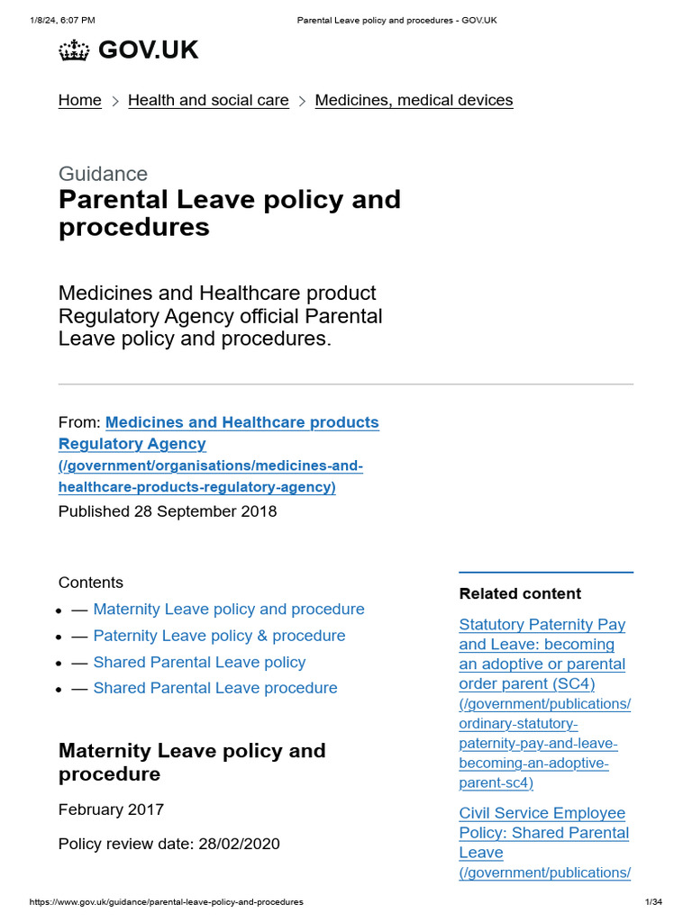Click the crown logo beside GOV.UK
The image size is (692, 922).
(74, 51)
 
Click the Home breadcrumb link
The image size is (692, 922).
(80, 101)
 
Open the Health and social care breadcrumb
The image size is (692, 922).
(208, 101)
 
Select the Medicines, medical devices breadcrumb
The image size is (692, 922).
(414, 101)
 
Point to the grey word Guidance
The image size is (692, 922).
(103, 174)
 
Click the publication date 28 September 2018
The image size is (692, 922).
(205, 511)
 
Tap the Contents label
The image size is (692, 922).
(91, 583)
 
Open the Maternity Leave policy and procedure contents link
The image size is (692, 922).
(229, 610)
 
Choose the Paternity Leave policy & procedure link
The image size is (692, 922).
(219, 636)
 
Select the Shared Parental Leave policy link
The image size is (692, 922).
(199, 662)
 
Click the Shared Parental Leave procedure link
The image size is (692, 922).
(215, 688)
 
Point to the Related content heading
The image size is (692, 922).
(520, 593)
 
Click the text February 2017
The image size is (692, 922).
(111, 809)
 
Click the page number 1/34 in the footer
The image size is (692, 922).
(653, 902)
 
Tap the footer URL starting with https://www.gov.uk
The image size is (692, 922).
(167, 902)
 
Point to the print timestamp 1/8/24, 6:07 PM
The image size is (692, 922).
(62, 20)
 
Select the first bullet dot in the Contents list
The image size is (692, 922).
(59, 610)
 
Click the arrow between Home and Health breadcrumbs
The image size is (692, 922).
(115, 102)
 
